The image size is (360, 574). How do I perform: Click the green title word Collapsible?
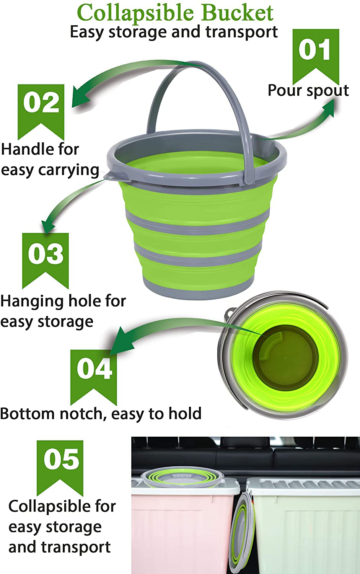pyautogui.click(x=135, y=13)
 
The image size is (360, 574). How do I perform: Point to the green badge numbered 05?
pyautogui.click(x=60, y=468)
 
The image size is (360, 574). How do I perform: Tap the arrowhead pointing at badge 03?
pyautogui.click(x=48, y=227)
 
